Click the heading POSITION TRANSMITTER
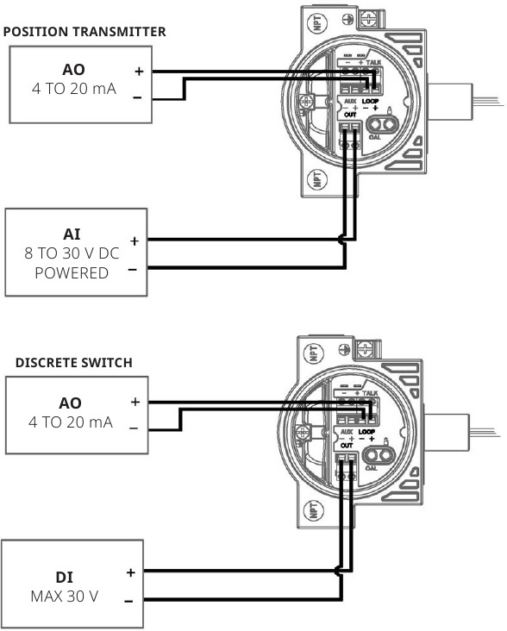coord(84,32)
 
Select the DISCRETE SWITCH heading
coord(74,363)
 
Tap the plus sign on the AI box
coord(135,241)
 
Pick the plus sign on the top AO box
coord(138,72)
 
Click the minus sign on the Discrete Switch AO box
coord(134,428)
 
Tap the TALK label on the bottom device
coord(370,393)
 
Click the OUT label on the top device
coord(350,114)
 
